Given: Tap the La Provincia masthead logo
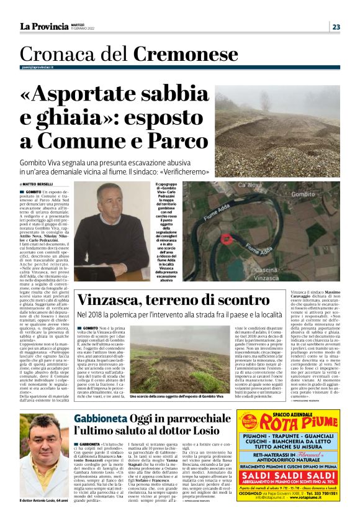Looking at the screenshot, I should tap(43, 26).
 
